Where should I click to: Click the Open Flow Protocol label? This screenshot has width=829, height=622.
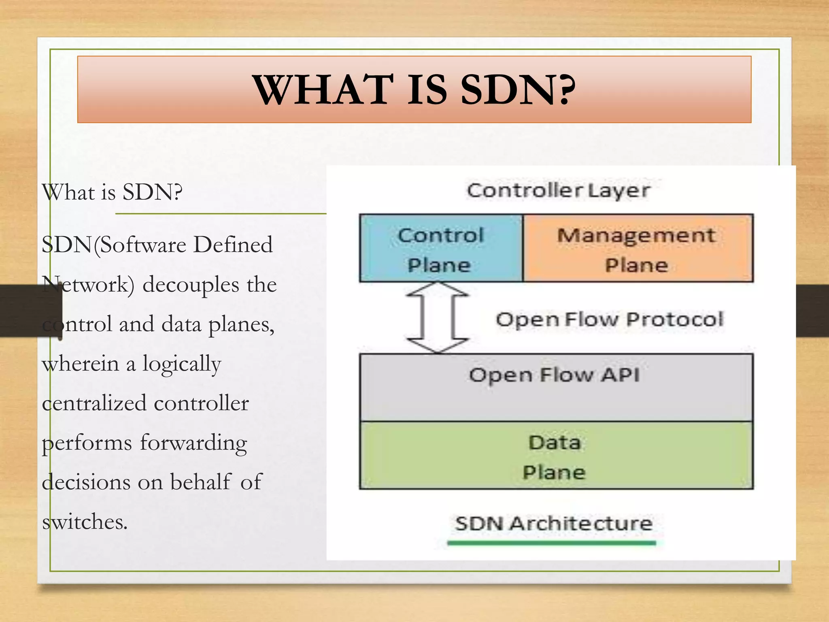609,320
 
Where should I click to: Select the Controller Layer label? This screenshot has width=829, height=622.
558,190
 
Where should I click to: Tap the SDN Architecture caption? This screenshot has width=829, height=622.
553,523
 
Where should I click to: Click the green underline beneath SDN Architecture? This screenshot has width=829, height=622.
551,543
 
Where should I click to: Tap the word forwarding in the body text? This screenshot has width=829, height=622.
193,443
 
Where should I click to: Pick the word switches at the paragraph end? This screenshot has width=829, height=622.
85,522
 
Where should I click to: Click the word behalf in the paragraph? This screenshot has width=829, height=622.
200,482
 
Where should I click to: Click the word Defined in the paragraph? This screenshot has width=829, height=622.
233,245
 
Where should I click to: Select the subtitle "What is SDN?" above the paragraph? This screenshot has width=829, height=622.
112,192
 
